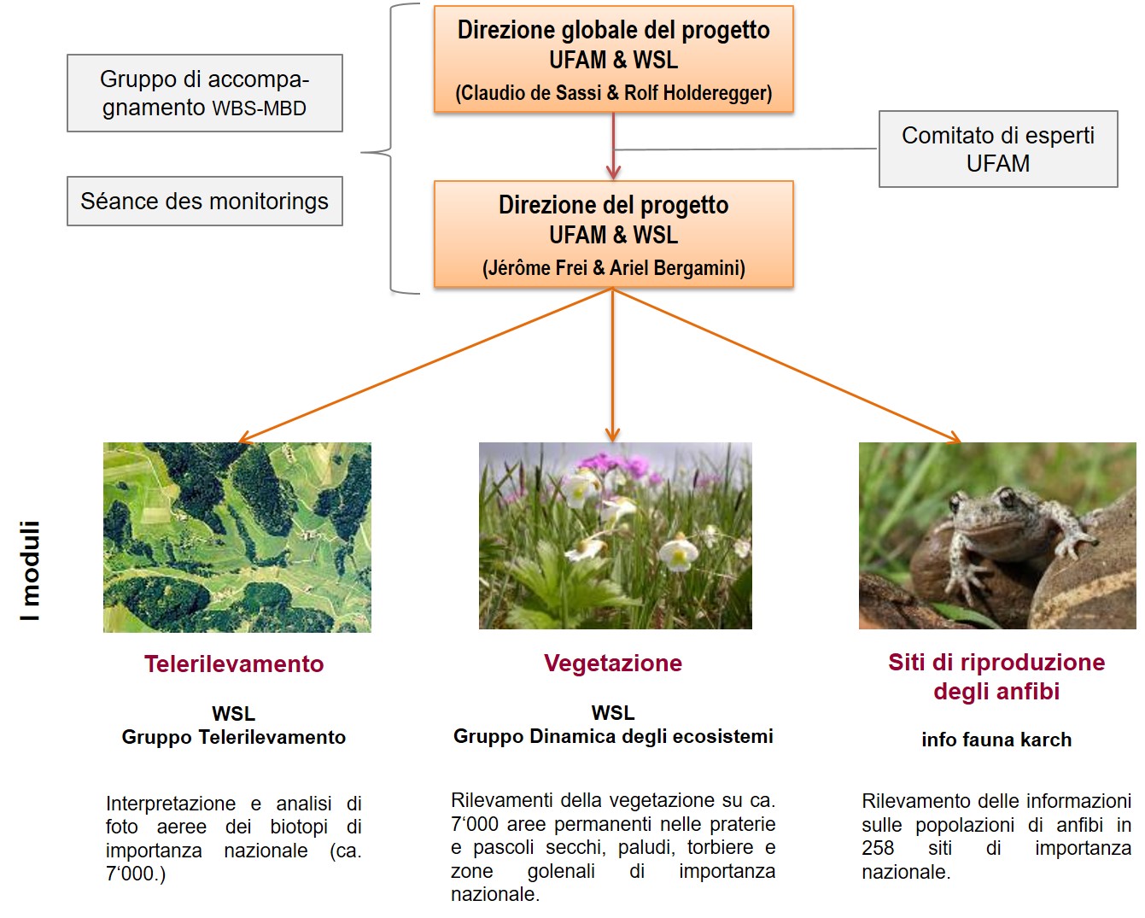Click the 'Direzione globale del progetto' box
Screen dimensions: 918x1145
[x=613, y=59]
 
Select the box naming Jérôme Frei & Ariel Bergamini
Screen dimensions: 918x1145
[x=613, y=234]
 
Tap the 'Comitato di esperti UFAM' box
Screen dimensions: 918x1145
[x=997, y=149]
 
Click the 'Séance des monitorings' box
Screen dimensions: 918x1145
[x=204, y=202]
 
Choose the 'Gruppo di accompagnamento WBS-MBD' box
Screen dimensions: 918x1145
[x=204, y=93]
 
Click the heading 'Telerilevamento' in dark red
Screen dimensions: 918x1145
[x=234, y=664]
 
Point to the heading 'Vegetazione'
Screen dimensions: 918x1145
[x=613, y=664]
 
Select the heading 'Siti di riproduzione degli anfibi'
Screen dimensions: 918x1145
[x=996, y=676]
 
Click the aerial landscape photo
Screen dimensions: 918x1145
[x=237, y=537]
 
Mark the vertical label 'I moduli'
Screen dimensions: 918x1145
[x=31, y=570]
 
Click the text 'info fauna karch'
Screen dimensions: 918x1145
[x=996, y=740]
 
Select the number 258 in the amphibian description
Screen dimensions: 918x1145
[x=878, y=848]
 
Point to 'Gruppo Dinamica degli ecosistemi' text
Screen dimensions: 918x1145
[x=613, y=736]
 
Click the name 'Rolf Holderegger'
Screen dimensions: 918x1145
[x=698, y=93]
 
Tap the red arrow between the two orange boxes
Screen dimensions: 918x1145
[x=613, y=146]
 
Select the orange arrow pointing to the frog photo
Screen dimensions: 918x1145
[x=786, y=365]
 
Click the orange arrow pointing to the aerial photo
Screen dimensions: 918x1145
[x=427, y=365]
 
